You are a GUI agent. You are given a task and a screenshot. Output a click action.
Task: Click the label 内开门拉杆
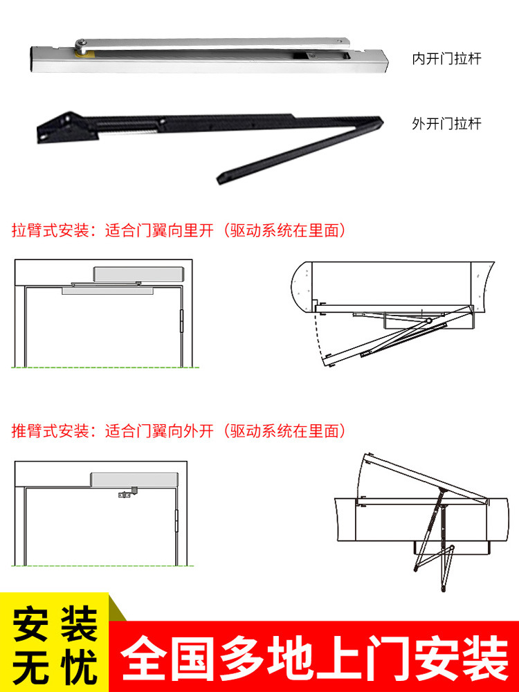click(446, 59)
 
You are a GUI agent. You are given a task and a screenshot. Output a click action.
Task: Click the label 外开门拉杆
click(446, 124)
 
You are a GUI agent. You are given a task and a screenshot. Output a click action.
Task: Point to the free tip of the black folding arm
click(220, 179)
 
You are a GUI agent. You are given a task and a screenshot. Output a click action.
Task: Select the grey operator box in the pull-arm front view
click(138, 274)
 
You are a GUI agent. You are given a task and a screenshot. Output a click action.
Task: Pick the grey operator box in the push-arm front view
click(134, 480)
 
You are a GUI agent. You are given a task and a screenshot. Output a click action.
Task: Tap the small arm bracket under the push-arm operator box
click(128, 493)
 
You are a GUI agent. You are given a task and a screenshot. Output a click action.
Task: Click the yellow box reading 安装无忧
click(54, 643)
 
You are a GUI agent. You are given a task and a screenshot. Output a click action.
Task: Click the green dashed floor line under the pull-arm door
click(105, 367)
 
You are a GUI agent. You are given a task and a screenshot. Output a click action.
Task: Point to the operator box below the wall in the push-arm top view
click(451, 547)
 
